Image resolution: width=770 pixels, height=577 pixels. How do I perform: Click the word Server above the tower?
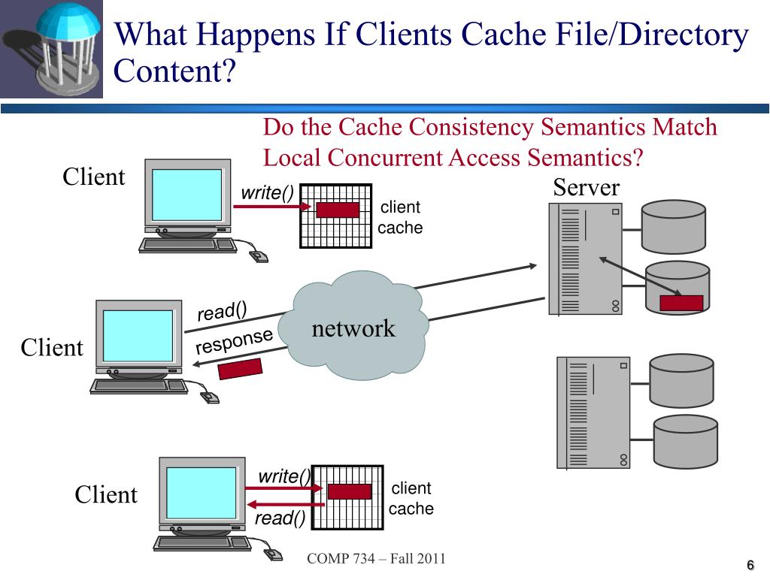point(586,187)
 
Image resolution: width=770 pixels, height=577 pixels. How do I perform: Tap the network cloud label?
point(353,328)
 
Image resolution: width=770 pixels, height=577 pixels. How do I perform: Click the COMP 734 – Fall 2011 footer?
point(376,558)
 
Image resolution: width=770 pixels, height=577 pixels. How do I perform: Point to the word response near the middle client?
point(233,341)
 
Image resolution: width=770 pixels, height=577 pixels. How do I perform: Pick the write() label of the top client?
point(267,193)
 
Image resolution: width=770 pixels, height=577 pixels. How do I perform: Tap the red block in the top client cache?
point(338,210)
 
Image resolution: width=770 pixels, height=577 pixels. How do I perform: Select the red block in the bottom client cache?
point(350,491)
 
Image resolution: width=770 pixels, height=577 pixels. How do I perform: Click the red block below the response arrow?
point(239,369)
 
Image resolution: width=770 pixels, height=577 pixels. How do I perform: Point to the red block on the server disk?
point(681,303)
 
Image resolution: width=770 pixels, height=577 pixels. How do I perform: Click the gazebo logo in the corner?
point(51,49)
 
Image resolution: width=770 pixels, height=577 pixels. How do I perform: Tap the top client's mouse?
point(258,256)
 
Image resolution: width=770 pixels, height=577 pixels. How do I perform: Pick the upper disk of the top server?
point(673,226)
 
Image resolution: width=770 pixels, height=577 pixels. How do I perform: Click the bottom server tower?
point(593,412)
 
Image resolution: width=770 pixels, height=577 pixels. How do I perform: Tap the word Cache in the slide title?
point(494,35)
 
